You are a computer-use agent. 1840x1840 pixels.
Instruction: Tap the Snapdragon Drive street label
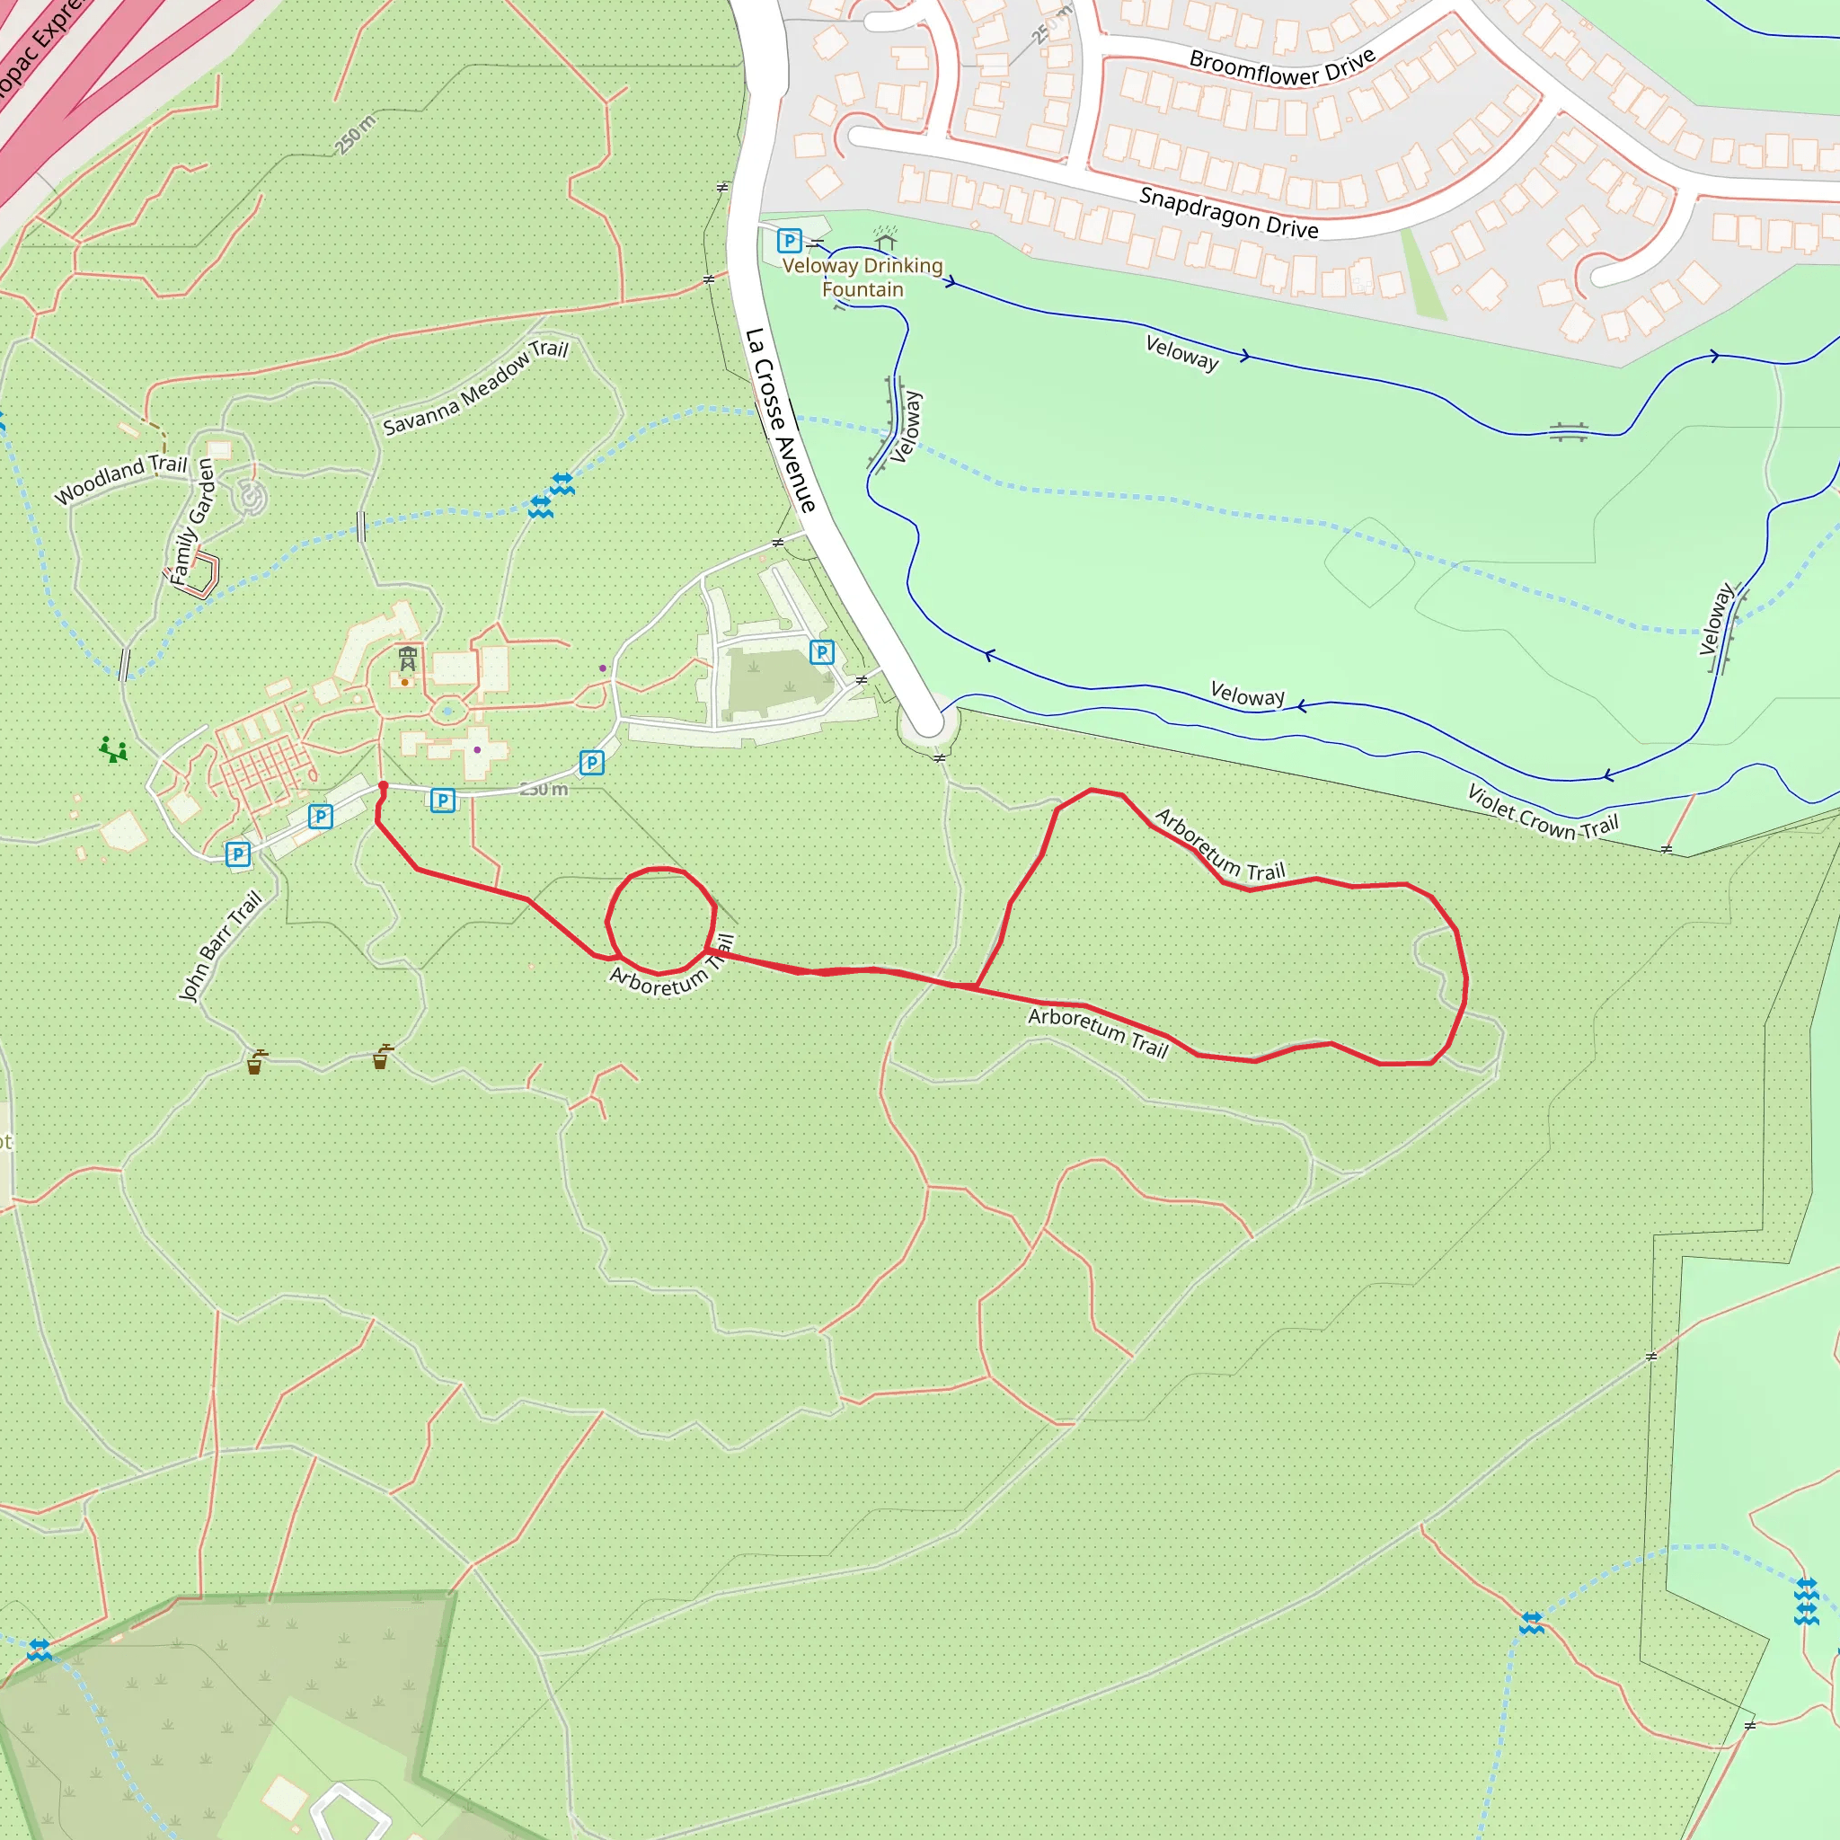(1228, 212)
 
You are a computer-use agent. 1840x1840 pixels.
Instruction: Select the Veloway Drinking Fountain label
(862, 277)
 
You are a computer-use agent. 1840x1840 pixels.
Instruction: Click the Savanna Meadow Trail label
(475, 386)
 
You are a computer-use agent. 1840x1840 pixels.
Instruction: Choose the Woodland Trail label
(121, 478)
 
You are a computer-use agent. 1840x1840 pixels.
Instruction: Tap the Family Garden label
(192, 520)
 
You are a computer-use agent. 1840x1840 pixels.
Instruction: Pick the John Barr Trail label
(220, 945)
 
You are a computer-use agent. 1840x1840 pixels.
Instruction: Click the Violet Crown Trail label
(1542, 811)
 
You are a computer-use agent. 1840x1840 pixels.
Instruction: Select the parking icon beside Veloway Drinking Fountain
(789, 240)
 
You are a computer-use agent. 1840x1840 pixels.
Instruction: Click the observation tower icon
(408, 657)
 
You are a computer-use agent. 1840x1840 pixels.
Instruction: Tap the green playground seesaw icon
(113, 749)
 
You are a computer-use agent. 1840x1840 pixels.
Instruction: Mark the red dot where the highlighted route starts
(383, 786)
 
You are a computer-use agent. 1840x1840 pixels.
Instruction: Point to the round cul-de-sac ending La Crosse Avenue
(929, 724)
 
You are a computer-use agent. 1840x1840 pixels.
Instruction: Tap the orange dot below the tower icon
(405, 682)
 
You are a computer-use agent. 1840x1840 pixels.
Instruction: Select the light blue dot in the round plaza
(447, 711)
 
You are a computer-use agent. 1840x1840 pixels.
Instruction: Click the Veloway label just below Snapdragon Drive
(1181, 352)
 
